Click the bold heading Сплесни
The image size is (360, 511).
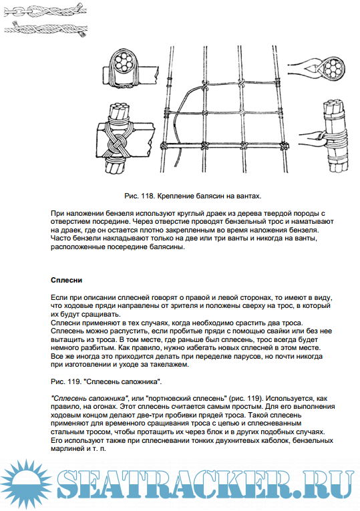coord(67,281)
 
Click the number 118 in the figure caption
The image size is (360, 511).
coord(148,196)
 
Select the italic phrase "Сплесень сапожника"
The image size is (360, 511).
coord(89,398)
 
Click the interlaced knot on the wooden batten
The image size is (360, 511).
coord(118,144)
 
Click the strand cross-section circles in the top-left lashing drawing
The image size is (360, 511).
coord(123,62)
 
